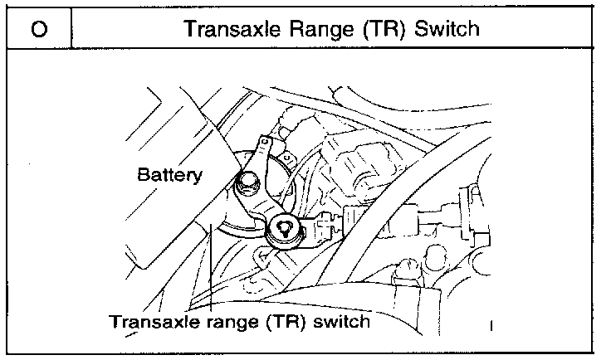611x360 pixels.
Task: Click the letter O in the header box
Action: (38, 30)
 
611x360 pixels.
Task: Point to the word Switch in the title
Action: (446, 30)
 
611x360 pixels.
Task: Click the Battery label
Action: (169, 175)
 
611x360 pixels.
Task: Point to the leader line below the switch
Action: (213, 274)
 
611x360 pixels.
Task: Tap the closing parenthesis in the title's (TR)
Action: (393, 30)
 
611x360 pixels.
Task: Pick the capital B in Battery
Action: (143, 175)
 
